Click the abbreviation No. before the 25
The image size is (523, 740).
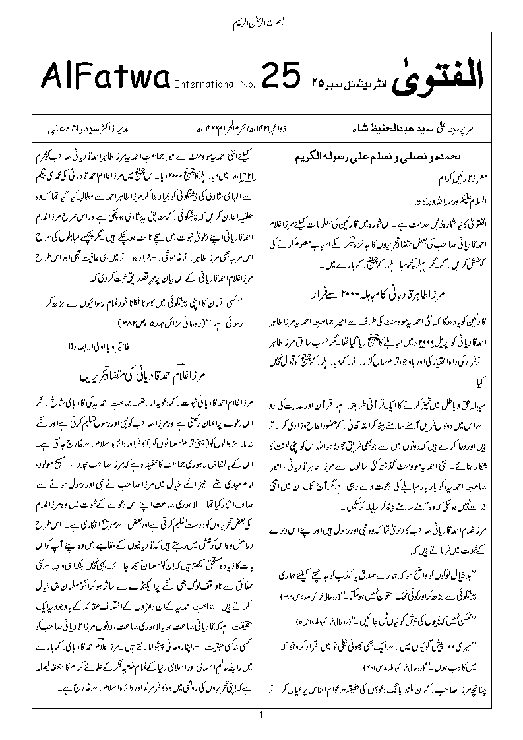tap(245, 84)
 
